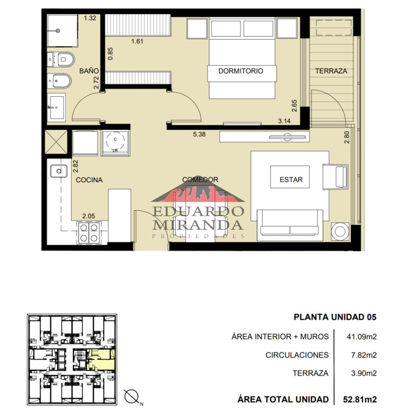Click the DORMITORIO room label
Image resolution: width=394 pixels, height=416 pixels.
(x=240, y=71)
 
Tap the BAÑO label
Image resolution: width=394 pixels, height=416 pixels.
(x=89, y=71)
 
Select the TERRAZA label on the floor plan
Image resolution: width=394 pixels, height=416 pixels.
(x=331, y=71)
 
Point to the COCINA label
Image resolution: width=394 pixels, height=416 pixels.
(x=89, y=180)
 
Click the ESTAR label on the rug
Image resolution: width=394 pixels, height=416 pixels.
(x=291, y=180)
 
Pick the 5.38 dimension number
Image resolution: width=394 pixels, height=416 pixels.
(x=199, y=134)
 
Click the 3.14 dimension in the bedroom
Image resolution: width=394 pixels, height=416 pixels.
(x=284, y=121)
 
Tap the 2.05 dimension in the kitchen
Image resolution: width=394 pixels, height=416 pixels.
(x=88, y=216)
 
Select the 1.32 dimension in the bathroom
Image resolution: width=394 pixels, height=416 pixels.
(x=90, y=18)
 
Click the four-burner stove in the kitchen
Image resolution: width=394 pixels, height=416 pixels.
(x=88, y=232)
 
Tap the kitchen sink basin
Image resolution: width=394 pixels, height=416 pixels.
(x=59, y=171)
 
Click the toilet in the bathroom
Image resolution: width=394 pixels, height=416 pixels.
(x=61, y=60)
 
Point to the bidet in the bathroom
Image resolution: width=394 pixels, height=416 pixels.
(x=60, y=80)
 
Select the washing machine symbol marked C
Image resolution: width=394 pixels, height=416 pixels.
(x=115, y=143)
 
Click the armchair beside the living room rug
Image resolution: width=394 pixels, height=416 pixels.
(x=335, y=177)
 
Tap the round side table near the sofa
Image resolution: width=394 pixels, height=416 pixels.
(x=340, y=232)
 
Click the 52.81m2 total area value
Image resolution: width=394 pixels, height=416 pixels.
(x=360, y=399)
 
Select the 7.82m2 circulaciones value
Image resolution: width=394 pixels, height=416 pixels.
(x=364, y=355)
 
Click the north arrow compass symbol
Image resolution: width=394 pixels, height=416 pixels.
(x=132, y=398)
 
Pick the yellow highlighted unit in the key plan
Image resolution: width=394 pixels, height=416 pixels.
(x=101, y=360)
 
